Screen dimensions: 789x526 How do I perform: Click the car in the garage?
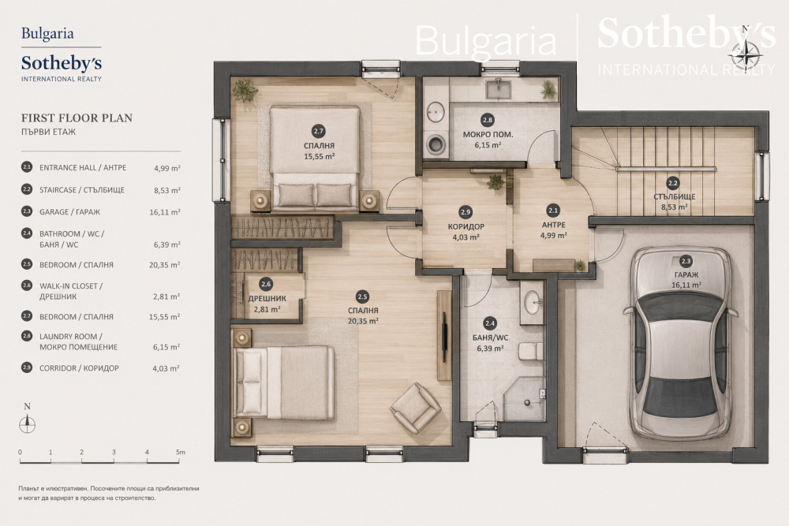(x=680, y=344)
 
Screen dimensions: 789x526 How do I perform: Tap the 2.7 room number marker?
(x=319, y=132)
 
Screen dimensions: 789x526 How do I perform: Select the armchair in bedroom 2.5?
(x=416, y=408)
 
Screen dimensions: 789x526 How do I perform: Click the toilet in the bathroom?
(x=530, y=351)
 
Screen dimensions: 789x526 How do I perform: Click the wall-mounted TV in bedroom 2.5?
(x=444, y=337)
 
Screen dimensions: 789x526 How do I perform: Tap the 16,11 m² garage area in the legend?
(x=165, y=212)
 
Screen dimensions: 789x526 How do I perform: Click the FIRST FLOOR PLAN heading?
(x=77, y=118)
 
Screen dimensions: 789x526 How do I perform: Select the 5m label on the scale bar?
(x=181, y=452)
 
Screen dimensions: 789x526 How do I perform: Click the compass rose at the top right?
(x=746, y=54)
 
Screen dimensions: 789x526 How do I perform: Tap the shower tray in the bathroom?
(x=525, y=401)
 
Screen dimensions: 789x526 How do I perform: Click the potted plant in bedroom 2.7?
(x=245, y=91)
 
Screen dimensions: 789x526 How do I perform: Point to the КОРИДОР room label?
(x=466, y=227)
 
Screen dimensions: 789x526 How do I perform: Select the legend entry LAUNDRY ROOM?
(x=71, y=337)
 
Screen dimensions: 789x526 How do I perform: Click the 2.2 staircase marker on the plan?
(x=673, y=183)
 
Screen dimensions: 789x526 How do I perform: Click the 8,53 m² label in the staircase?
(x=675, y=207)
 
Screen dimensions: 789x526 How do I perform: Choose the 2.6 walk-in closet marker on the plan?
(x=266, y=284)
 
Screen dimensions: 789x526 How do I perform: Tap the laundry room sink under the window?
(x=498, y=89)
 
